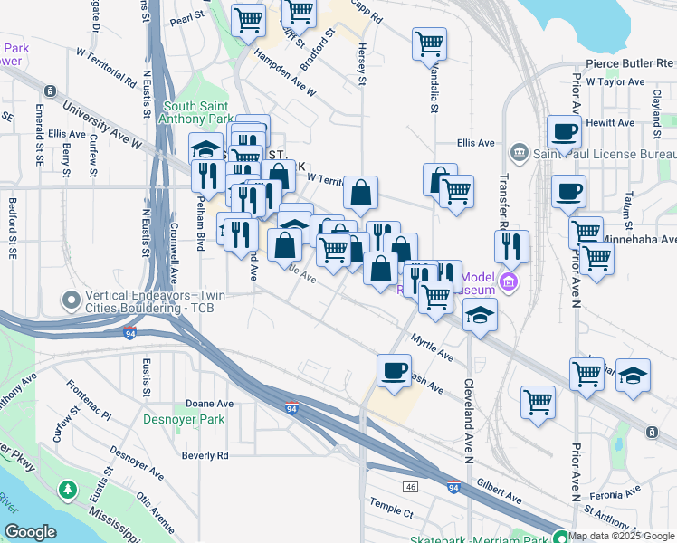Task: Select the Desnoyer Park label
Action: (183, 419)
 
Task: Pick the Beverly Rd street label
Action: (205, 455)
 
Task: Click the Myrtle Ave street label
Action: (432, 347)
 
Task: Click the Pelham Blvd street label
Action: (201, 229)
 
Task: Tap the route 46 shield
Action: (410, 487)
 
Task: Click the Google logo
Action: (30, 532)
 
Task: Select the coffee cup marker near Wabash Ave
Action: (394, 370)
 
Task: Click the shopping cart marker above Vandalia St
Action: (429, 43)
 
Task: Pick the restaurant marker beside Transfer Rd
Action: (512, 245)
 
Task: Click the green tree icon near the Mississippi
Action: (67, 491)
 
